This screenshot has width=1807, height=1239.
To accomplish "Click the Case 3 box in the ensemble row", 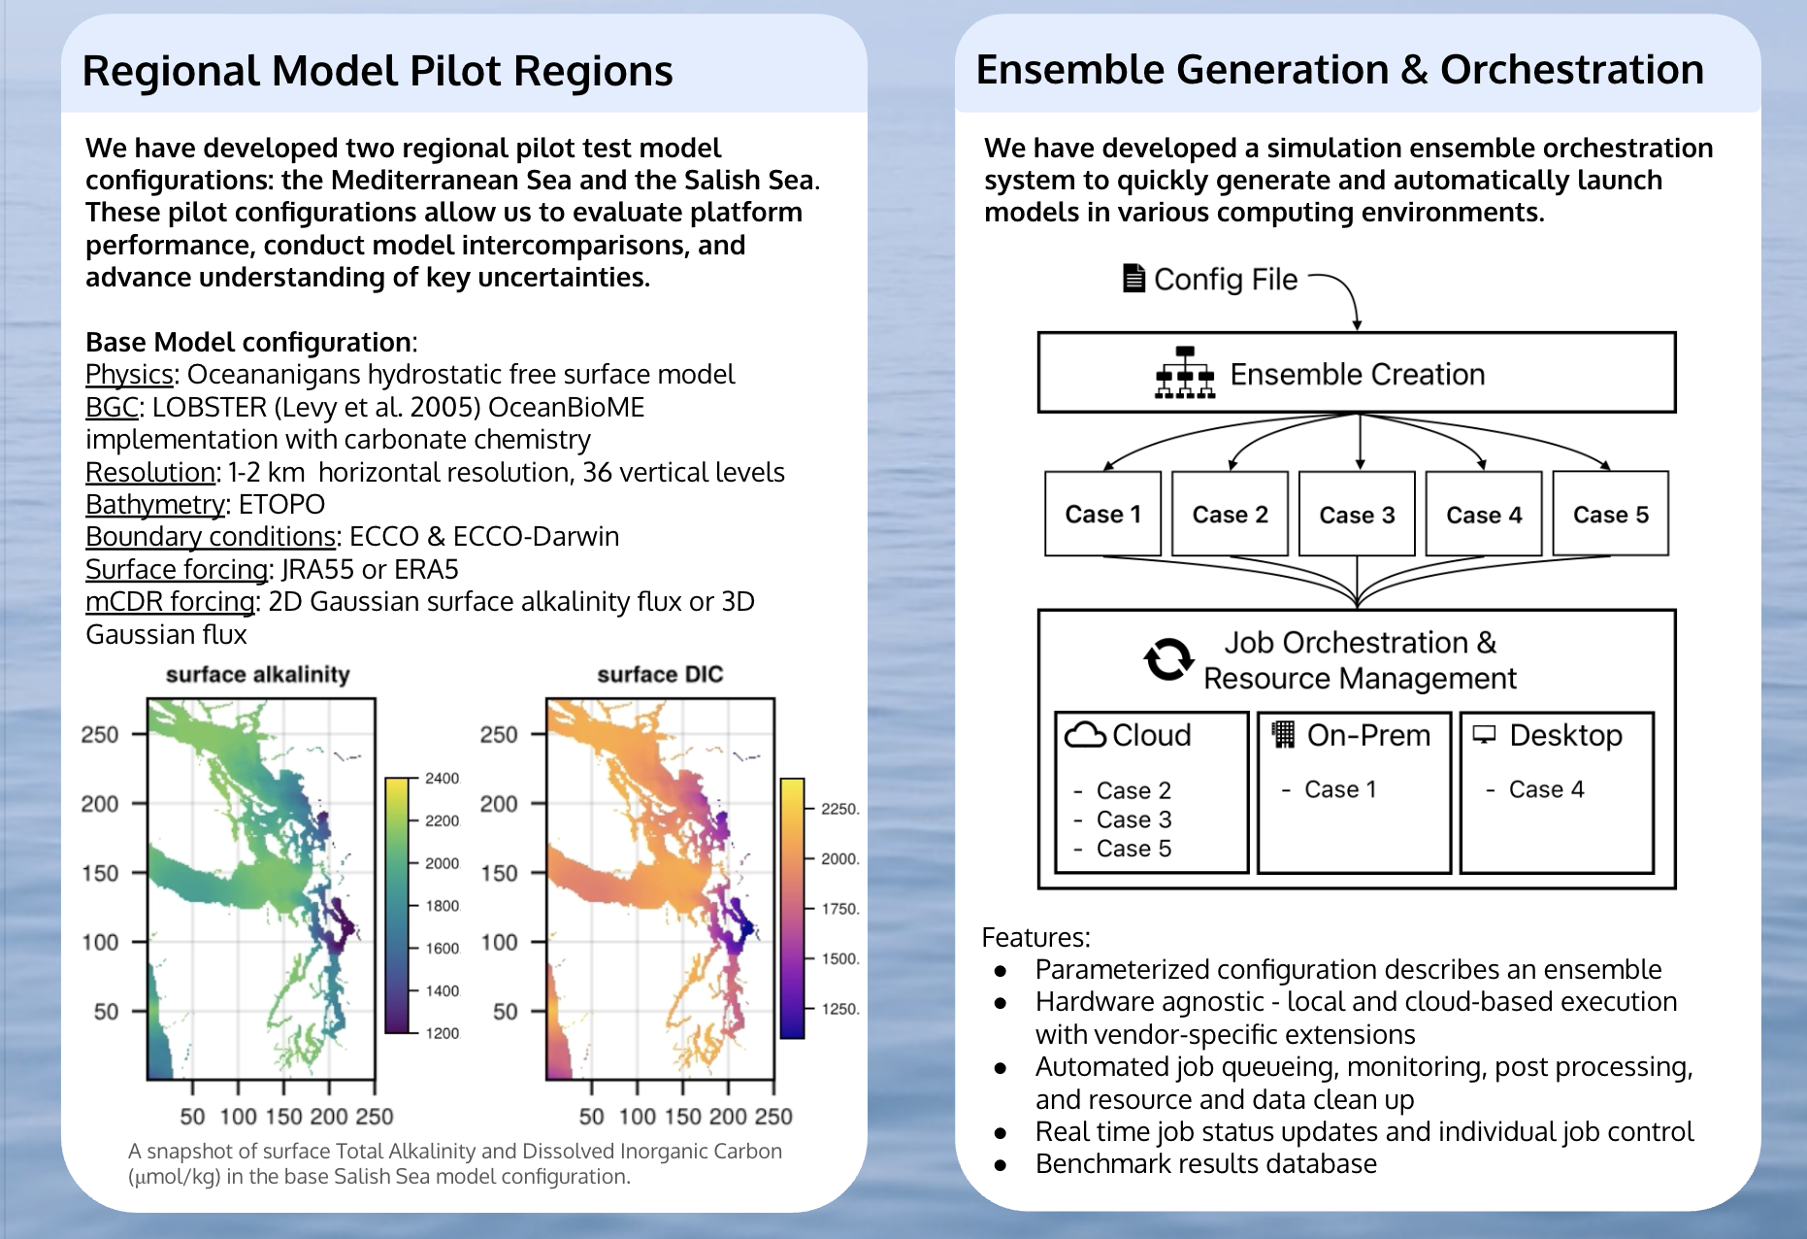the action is pyautogui.click(x=1357, y=514).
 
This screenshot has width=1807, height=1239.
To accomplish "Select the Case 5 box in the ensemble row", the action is pyautogui.click(x=1611, y=514).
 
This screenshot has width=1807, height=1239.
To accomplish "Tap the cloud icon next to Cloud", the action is pyautogui.click(x=1085, y=735).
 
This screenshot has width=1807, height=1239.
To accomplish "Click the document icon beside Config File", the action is pyautogui.click(x=1133, y=279).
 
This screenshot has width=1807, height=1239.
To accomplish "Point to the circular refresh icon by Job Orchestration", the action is pyautogui.click(x=1168, y=659).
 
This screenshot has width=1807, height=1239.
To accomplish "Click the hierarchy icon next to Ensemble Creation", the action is pyautogui.click(x=1185, y=373).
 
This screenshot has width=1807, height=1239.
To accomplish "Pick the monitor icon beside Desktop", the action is pyautogui.click(x=1485, y=734).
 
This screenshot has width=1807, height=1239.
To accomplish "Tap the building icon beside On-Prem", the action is pyautogui.click(x=1283, y=734).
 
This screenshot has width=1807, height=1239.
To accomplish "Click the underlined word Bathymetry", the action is pyautogui.click(x=155, y=504).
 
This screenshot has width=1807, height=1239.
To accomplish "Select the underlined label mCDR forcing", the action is pyautogui.click(x=170, y=601).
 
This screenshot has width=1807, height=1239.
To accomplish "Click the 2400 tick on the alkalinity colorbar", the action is pyautogui.click(x=442, y=779).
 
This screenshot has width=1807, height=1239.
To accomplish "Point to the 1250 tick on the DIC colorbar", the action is pyautogui.click(x=840, y=1009).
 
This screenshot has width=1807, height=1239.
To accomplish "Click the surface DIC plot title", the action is pyautogui.click(x=660, y=674).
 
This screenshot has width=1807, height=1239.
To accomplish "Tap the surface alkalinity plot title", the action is pyautogui.click(x=257, y=674).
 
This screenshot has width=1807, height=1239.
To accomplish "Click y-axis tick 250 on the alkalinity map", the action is pyautogui.click(x=100, y=734).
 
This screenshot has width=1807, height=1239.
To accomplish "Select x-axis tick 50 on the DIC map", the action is pyautogui.click(x=591, y=1116).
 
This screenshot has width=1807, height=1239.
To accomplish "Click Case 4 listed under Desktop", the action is pyautogui.click(x=1546, y=789).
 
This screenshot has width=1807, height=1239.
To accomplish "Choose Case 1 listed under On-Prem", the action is pyautogui.click(x=1340, y=789).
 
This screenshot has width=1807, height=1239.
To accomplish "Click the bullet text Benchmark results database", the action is pyautogui.click(x=1206, y=1163).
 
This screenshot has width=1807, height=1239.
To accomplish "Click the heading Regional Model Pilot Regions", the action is pyautogui.click(x=378, y=71).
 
